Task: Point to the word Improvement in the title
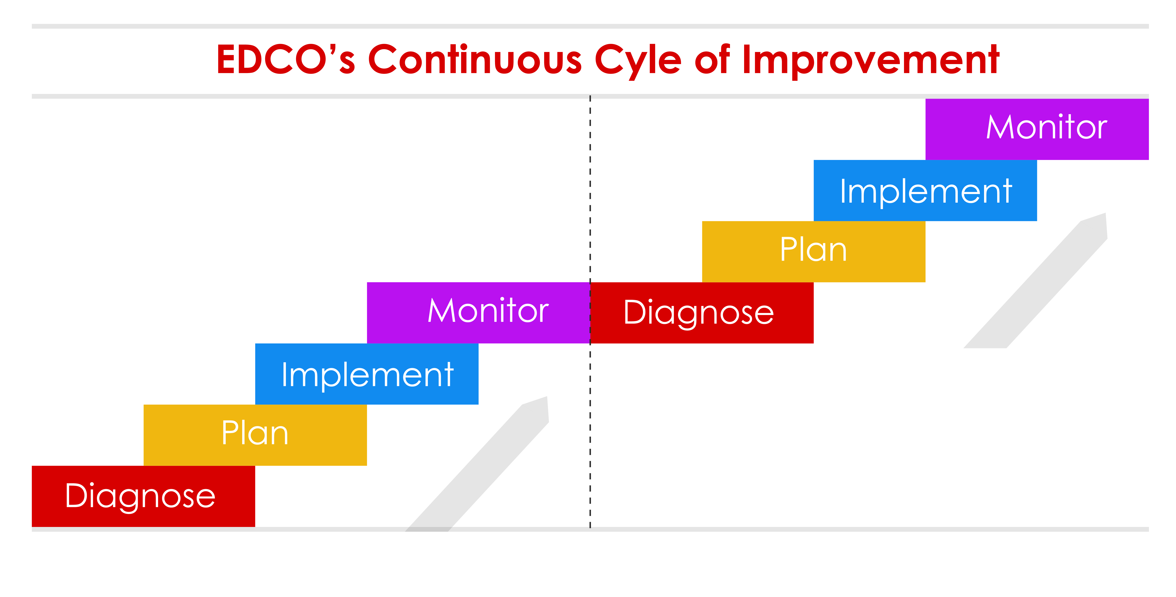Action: [871, 62]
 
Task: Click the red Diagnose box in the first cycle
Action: [143, 496]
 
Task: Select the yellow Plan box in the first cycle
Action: [255, 435]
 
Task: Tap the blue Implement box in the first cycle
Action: [367, 374]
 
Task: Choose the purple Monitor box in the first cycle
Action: [478, 313]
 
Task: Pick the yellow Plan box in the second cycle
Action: [814, 252]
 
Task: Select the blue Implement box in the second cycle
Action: [925, 190]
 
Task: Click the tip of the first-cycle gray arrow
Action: [547, 397]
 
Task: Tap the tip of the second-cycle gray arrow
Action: [1105, 214]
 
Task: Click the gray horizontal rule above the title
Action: [590, 26]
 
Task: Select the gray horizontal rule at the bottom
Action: [590, 529]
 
